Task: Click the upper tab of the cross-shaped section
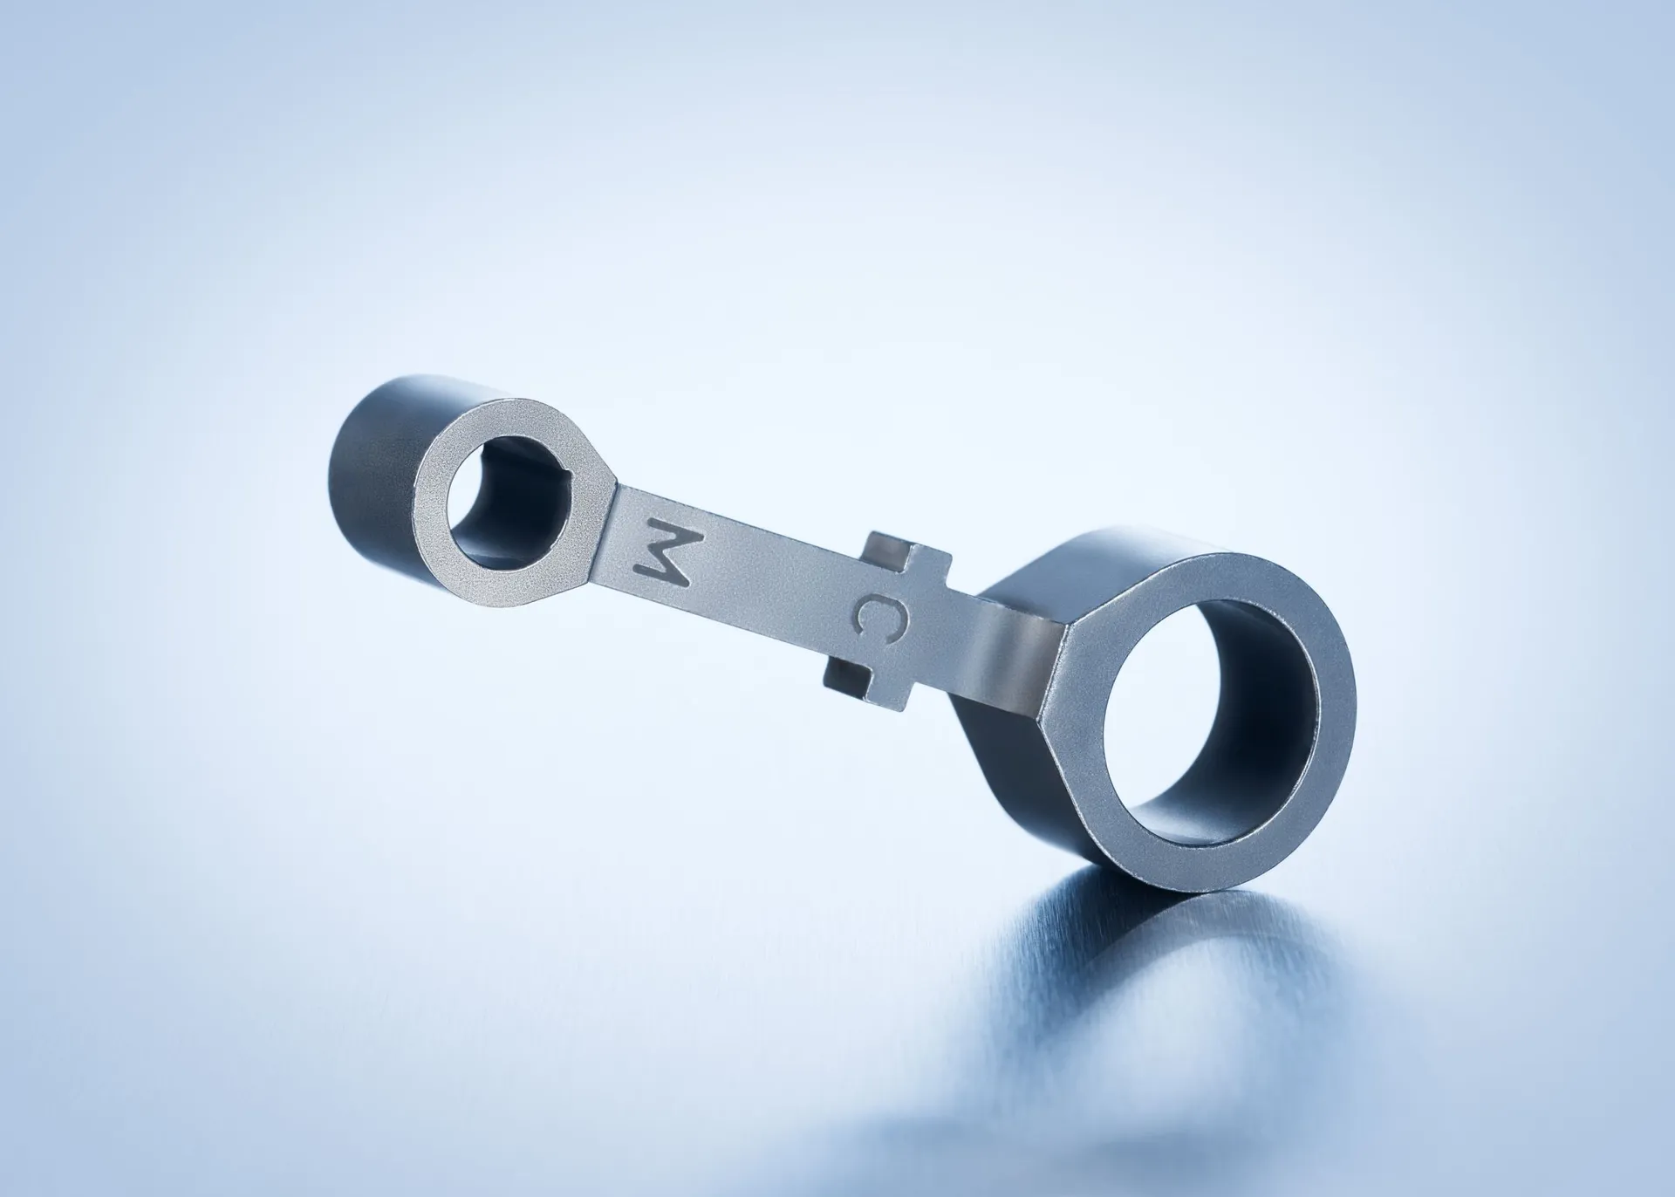907,558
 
